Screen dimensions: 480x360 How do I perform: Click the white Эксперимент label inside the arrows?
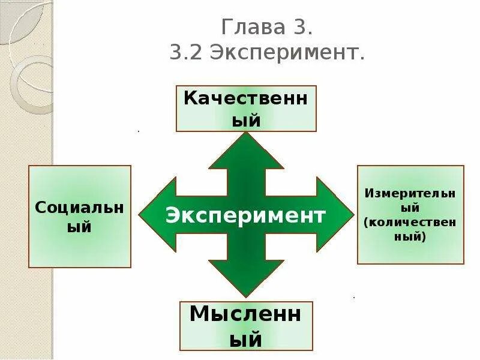[246, 215]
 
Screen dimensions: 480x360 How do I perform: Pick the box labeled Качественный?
[246, 109]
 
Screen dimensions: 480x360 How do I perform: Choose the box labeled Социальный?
[80, 217]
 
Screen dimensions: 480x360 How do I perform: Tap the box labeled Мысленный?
[246, 326]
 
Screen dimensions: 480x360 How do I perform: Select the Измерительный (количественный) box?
[410, 214]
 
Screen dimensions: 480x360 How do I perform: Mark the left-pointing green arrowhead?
[157, 214]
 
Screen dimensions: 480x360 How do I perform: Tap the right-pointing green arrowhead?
[335, 214]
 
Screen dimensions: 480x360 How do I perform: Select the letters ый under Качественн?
[246, 120]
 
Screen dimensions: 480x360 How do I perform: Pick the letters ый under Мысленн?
[246, 340]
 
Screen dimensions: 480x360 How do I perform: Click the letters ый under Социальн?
[80, 227]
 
